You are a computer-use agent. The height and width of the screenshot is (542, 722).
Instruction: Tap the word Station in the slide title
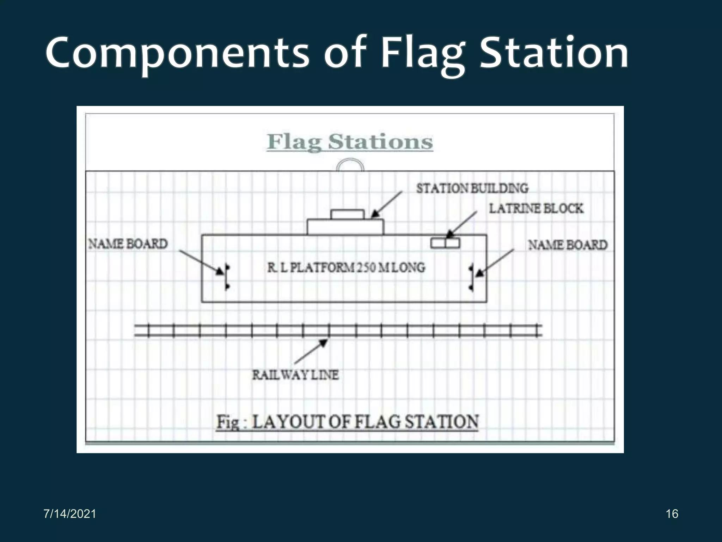(553, 53)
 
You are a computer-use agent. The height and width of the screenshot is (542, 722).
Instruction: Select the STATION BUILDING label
(472, 188)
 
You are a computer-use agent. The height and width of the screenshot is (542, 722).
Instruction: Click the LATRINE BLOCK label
(536, 209)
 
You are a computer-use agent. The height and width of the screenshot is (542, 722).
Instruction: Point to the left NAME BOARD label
(128, 244)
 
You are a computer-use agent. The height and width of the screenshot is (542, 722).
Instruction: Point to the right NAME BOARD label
(568, 245)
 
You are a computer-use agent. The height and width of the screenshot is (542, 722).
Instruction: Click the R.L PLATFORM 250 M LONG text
(346, 267)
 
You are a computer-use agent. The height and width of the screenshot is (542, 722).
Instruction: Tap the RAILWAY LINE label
(295, 375)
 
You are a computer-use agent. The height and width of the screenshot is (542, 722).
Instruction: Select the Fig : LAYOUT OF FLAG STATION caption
(347, 422)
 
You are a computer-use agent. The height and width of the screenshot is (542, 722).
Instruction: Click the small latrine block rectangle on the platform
(445, 243)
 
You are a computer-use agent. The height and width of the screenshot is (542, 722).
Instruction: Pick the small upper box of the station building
(347, 214)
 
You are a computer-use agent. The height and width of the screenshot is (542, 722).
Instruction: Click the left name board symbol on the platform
(227, 277)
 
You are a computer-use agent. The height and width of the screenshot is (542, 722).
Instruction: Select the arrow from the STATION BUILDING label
(386, 205)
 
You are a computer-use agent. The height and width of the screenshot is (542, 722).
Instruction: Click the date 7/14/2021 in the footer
(70, 514)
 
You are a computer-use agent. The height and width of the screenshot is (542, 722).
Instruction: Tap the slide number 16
(672, 514)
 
